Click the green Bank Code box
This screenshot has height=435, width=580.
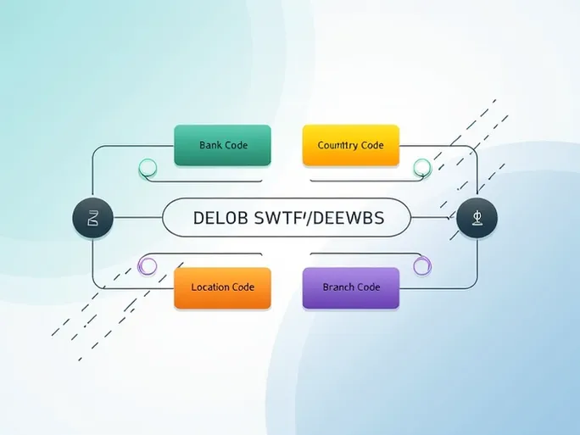(222, 145)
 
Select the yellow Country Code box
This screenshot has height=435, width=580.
(350, 145)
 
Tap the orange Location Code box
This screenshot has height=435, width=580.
(222, 287)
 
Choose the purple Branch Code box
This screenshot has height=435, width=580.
(350, 287)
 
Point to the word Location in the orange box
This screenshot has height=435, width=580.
(209, 287)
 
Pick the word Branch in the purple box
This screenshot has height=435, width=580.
(339, 287)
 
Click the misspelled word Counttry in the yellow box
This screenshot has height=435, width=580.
(338, 145)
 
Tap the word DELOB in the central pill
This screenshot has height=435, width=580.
(220, 217)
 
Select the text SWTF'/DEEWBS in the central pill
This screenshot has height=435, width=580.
(319, 217)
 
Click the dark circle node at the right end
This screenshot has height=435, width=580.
(477, 219)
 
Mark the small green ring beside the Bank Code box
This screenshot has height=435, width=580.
(148, 168)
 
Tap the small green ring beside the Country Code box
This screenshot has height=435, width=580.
(421, 167)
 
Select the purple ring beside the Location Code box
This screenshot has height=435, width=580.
(148, 266)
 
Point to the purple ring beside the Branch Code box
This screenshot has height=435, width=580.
(421, 266)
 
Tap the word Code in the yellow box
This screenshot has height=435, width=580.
(372, 145)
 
